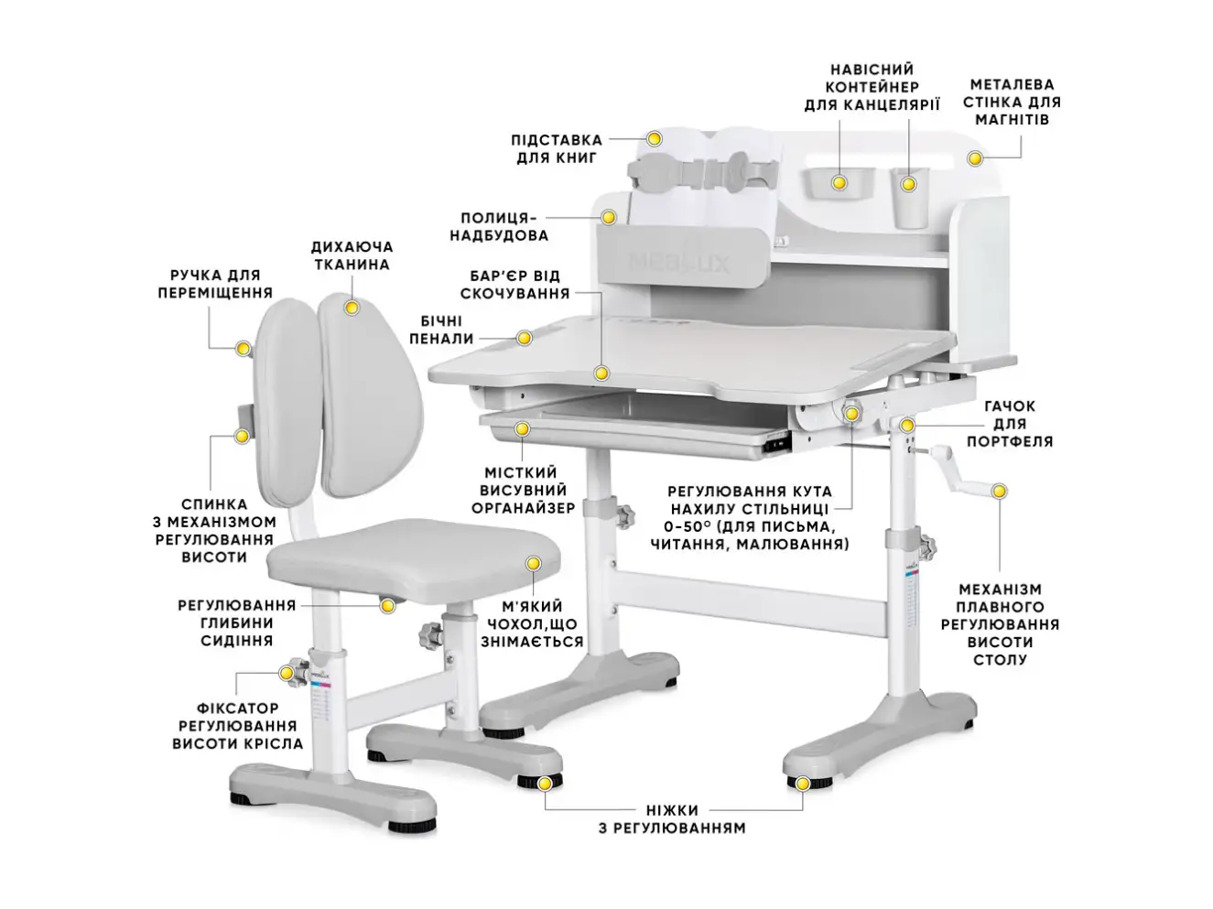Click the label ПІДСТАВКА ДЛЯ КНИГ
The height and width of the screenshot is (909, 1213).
(x=556, y=149)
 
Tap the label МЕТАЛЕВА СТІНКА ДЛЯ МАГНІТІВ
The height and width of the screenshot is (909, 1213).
(x=1011, y=102)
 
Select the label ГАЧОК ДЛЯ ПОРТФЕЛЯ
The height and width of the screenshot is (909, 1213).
(x=1010, y=424)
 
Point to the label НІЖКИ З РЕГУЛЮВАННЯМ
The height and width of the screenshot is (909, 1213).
(x=671, y=819)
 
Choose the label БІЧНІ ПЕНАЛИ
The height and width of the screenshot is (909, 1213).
(x=441, y=330)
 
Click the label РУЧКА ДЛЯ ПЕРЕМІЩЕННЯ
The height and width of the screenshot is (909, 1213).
(x=215, y=284)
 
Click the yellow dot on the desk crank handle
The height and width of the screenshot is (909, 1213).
(x=1000, y=492)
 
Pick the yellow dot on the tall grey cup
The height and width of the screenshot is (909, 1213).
(x=908, y=184)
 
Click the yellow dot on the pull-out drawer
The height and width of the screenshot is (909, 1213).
(x=522, y=428)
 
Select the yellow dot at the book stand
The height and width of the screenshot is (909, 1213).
(x=655, y=139)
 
